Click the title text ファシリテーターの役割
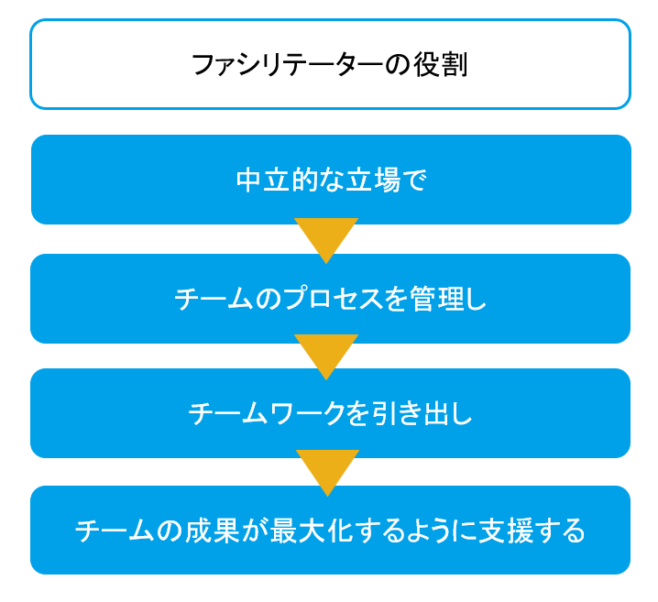pyautogui.click(x=330, y=65)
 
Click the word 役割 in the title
pyautogui.click(x=441, y=65)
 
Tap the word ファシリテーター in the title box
pyautogui.click(x=288, y=65)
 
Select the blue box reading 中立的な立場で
pyautogui.click(x=331, y=180)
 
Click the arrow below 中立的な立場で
pyautogui.click(x=326, y=240)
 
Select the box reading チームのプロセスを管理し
pyautogui.click(x=330, y=299)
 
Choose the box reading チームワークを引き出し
pyautogui.click(x=330, y=413)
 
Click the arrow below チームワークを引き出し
pyautogui.click(x=327, y=473)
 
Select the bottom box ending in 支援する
pyautogui.click(x=330, y=530)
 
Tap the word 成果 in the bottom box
pyautogui.click(x=212, y=531)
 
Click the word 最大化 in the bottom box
pyautogui.click(x=311, y=531)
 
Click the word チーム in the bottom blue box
pyautogui.click(x=115, y=531)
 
